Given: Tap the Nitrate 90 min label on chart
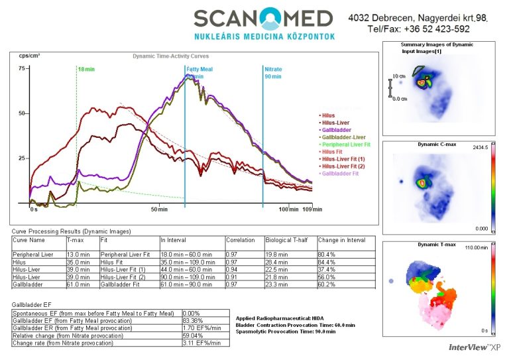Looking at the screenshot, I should [273, 72].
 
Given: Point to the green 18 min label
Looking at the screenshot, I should [85, 69].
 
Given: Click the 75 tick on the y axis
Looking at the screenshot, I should [21, 68].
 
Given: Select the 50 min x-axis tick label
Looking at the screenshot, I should [158, 210].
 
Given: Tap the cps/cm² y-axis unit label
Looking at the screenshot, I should [29, 56].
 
